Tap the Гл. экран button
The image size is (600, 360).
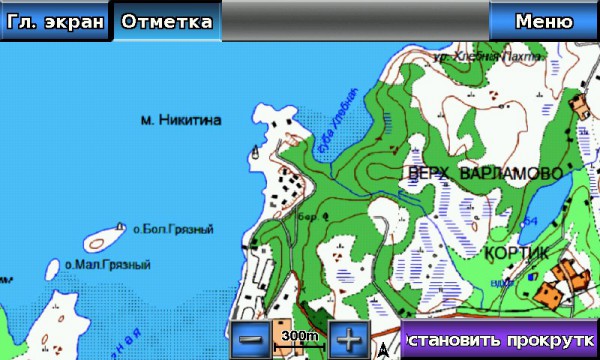53,21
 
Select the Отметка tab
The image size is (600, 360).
167,21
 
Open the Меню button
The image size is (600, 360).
543,21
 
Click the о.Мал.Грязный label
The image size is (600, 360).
107,265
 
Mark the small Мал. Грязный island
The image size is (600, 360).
53,267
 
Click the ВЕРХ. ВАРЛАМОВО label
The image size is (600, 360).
485,174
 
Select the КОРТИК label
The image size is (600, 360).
516,254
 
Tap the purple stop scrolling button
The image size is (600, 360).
500,339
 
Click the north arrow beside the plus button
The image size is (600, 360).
384,349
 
